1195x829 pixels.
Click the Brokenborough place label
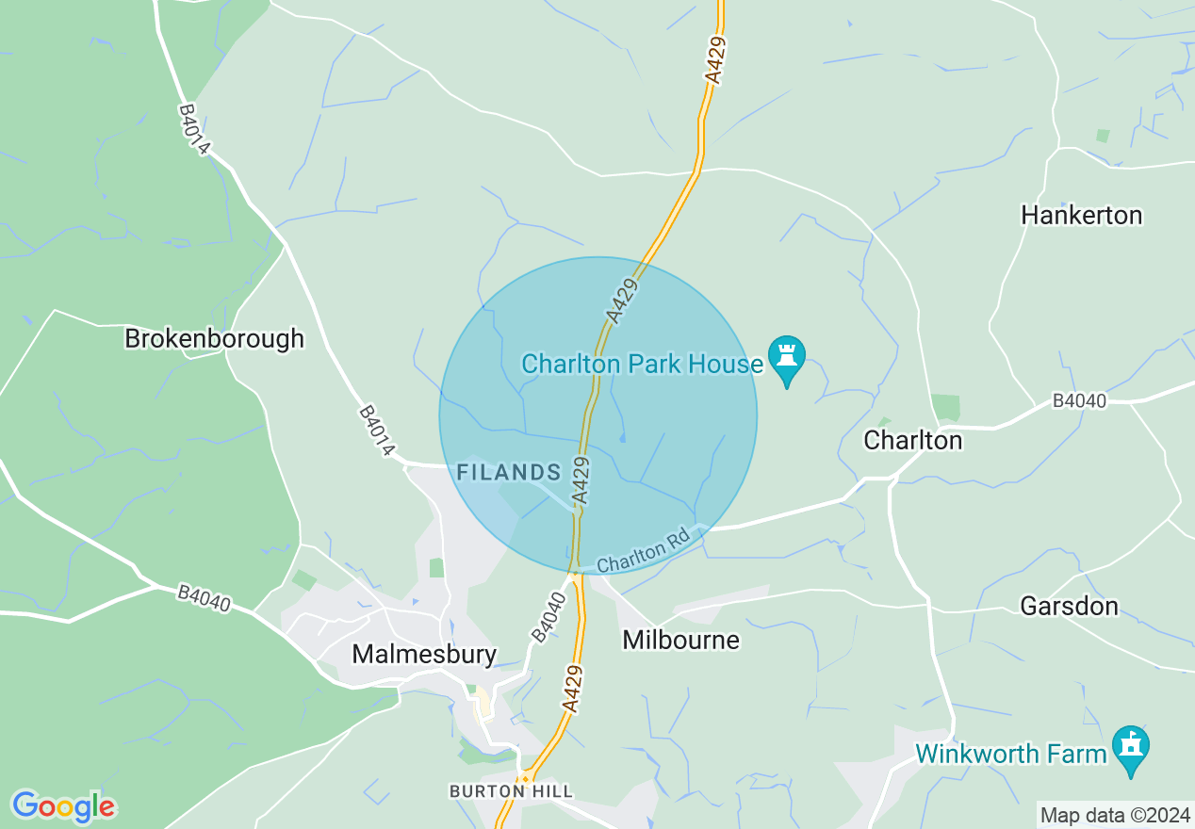pos(215,339)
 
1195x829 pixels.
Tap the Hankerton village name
pos(1081,216)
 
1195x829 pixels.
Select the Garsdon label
pos(1069,606)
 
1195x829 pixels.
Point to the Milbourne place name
pos(680,641)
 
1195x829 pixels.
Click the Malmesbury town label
pos(423,654)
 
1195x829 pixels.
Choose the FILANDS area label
pos(509,472)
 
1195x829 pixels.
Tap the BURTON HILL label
pos(511,791)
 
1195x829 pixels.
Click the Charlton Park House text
pos(642,364)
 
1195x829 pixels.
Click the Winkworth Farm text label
pos(1011,754)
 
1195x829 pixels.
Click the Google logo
pos(63,806)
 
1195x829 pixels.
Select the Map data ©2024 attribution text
pos(1115,815)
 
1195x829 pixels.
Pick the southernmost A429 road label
pos(573,688)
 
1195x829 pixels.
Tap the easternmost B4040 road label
pos(1079,401)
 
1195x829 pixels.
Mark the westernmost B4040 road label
pos(204,598)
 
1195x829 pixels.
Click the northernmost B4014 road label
pos(195,130)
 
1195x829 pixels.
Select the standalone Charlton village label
pos(913,440)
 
